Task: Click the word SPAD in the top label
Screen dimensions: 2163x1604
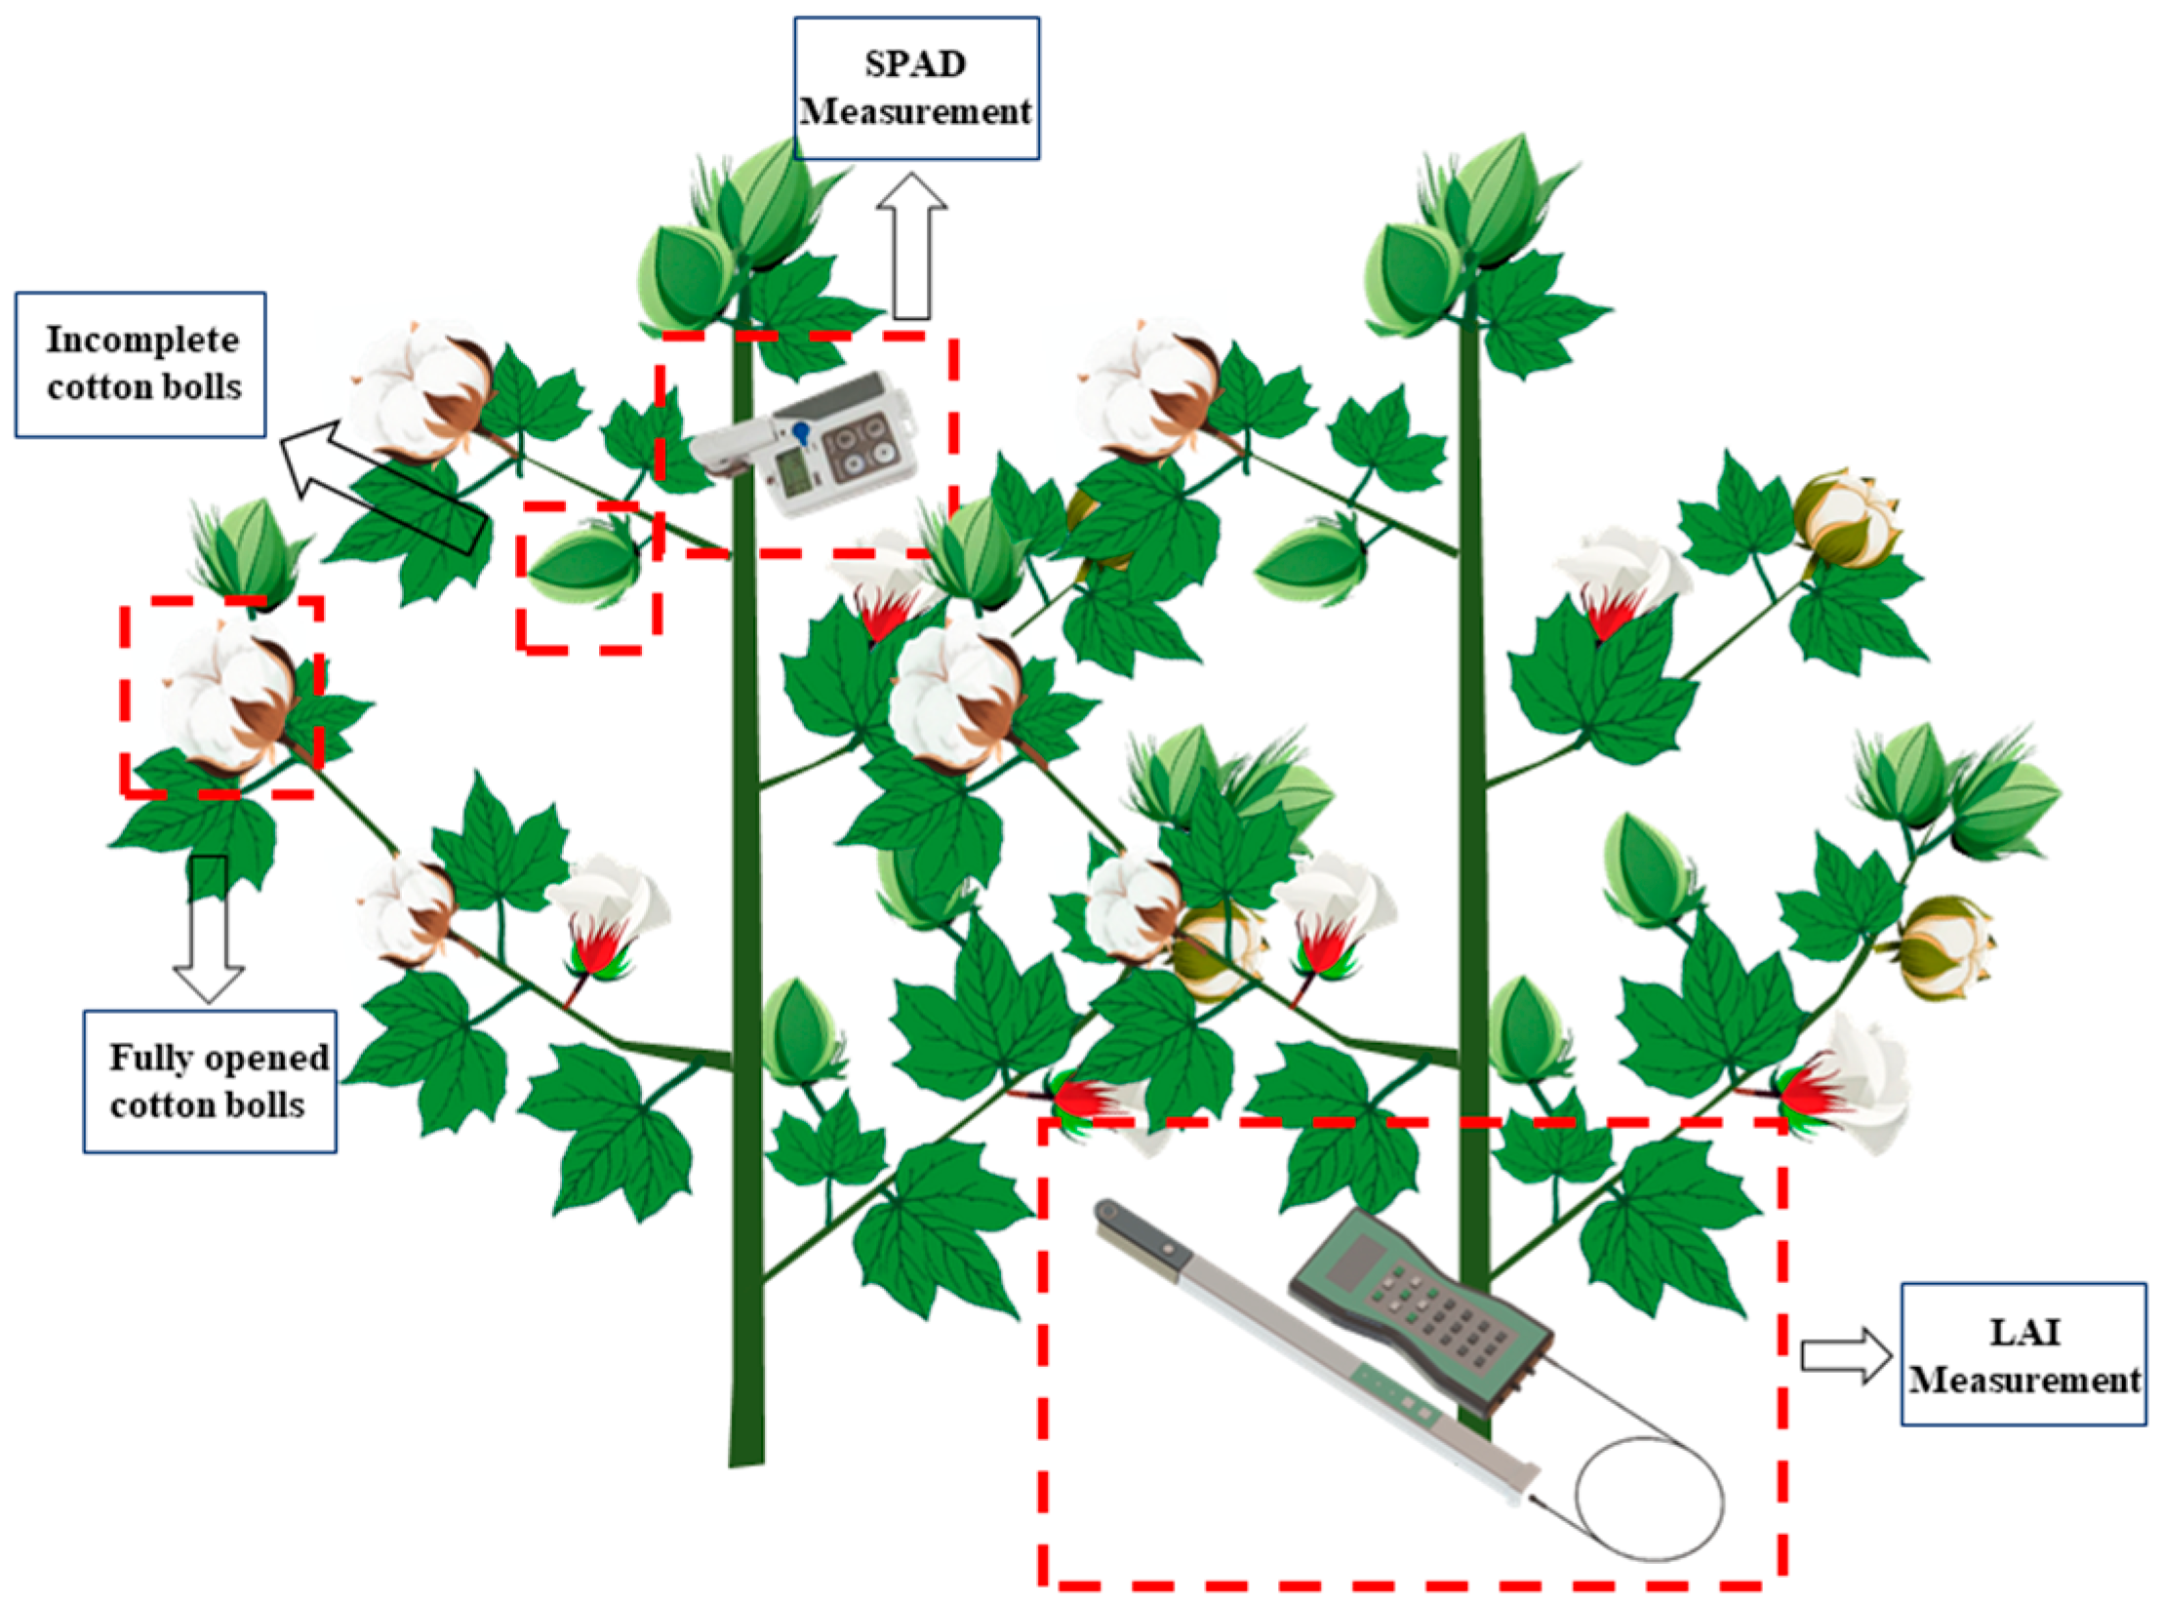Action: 915,64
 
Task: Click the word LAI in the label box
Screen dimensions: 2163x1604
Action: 2023,1333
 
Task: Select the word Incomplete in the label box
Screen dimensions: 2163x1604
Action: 142,341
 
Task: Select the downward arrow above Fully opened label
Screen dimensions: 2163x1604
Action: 209,930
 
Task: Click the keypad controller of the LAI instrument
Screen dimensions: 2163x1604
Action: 1420,1307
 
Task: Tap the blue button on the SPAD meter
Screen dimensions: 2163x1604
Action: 801,430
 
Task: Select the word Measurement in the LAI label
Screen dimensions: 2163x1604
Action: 2024,1381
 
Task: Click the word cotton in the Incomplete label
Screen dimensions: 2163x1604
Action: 98,389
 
